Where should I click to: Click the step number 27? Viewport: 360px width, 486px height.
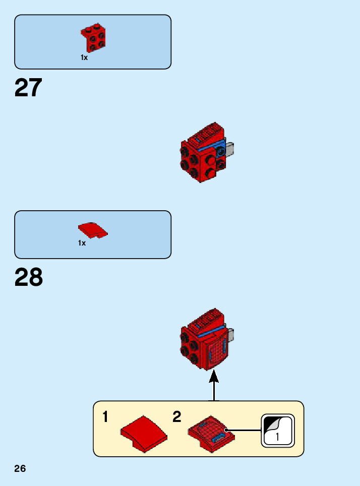(x=28, y=88)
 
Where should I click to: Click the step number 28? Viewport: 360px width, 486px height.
(x=29, y=278)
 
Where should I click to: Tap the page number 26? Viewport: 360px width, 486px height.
(x=20, y=469)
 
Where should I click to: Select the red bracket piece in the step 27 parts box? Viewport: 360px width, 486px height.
(x=93, y=38)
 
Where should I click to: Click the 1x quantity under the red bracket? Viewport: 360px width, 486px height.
(x=84, y=58)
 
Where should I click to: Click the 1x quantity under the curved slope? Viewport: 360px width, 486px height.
(x=82, y=244)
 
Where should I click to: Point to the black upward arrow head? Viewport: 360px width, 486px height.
(x=214, y=376)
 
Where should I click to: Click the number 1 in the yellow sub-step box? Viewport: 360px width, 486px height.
(x=106, y=417)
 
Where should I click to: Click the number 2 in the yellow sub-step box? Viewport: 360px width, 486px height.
(x=176, y=417)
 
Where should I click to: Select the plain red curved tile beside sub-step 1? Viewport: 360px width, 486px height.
(x=144, y=433)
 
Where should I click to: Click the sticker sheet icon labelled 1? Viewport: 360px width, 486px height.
(x=277, y=431)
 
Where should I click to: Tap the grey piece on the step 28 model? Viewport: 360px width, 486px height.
(x=231, y=333)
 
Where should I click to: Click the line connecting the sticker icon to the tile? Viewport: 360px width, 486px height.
(x=245, y=430)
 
